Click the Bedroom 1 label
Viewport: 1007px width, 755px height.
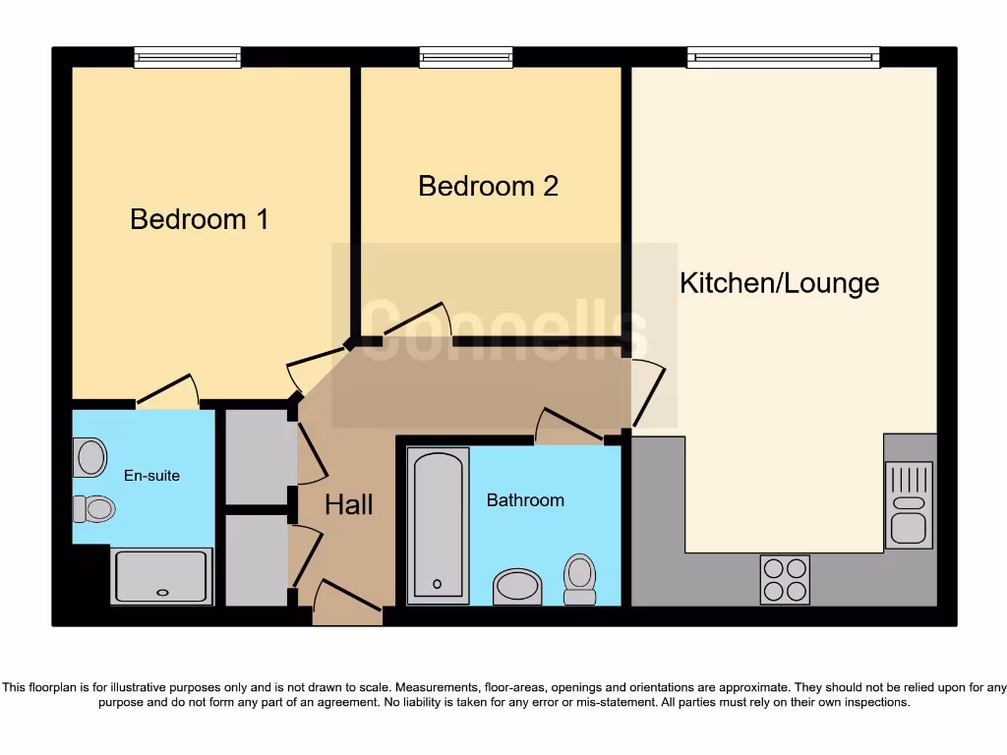[200, 218]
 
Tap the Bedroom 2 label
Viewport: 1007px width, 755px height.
[488, 186]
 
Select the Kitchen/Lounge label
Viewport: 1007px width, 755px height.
[779, 283]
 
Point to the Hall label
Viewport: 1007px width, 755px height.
[349, 505]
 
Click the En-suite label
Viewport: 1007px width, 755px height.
[151, 476]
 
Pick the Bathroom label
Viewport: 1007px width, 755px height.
[525, 500]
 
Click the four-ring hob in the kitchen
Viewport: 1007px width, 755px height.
[785, 579]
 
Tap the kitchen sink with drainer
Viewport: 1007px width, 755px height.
[908, 505]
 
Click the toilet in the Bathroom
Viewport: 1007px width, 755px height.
[580, 578]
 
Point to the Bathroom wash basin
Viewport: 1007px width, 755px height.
[517, 587]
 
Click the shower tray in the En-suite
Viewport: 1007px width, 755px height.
[162, 576]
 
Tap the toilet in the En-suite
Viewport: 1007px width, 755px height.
[94, 508]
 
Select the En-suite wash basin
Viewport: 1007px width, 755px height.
[90, 458]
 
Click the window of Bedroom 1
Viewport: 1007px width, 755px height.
[188, 58]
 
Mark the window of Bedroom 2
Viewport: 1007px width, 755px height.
[466, 58]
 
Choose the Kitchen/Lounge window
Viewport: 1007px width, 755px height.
[783, 58]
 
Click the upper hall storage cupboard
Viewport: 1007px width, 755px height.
[256, 457]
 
